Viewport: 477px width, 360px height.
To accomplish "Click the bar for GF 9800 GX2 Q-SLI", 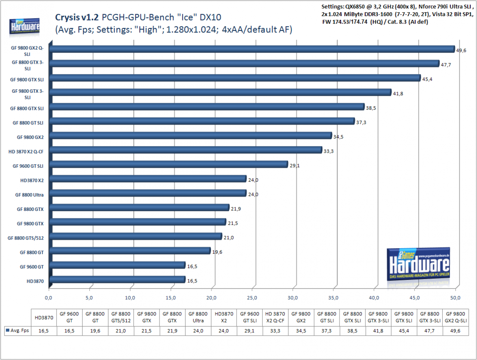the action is coord(252,49).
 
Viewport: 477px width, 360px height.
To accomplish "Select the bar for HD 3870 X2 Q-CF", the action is coord(186,150).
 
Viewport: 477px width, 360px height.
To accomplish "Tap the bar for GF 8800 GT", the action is coord(130,251).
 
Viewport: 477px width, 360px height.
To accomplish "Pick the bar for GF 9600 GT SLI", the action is coord(169,164).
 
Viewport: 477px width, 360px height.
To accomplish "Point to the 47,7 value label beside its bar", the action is coord(446,65).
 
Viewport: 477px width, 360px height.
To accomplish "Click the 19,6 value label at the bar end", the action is coord(217,252).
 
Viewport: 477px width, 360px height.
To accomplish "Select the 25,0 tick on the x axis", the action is coord(252,298).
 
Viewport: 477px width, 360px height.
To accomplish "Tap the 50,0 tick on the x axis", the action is coord(455,298).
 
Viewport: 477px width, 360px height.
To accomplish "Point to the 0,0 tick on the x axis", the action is coord(48,298).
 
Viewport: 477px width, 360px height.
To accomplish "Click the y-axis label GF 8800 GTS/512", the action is coord(26,238).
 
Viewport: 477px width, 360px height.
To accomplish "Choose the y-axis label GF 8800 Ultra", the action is coord(29,195).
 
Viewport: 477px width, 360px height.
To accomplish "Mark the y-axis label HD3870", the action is coord(35,281).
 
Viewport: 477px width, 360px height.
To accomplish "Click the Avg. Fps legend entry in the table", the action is coord(18,331).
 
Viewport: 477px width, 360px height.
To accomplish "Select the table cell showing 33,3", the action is coord(275,331).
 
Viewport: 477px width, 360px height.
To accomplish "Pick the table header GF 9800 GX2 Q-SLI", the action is coord(456,317).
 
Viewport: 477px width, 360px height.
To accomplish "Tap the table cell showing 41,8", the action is coord(378,331).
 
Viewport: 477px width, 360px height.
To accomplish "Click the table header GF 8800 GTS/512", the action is coord(121,317).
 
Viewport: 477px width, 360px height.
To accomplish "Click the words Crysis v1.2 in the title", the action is coord(77,17).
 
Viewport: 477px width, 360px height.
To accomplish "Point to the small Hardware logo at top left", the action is coord(24,26).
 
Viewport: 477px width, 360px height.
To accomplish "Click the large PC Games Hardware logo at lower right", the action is coord(418,264).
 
